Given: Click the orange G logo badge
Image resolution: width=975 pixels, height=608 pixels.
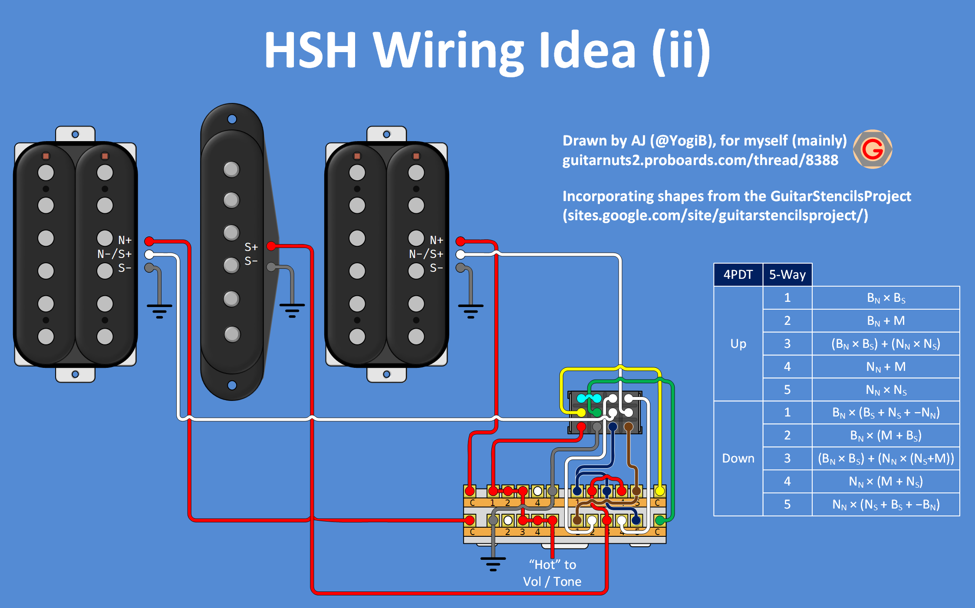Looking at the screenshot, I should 873,149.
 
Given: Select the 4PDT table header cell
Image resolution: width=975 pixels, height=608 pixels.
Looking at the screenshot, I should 738,275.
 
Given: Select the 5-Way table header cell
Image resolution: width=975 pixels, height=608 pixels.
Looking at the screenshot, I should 787,275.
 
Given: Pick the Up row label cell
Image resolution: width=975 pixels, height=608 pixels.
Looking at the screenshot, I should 738,344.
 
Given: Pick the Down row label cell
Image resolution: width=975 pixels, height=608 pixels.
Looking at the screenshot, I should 738,458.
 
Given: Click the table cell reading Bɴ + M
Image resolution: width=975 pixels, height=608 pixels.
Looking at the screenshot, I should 886,321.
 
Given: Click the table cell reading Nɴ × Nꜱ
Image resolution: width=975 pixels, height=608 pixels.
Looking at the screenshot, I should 886,390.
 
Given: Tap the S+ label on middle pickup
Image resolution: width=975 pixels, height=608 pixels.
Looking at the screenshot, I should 251,247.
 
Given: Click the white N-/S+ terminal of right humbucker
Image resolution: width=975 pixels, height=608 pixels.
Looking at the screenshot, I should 461,254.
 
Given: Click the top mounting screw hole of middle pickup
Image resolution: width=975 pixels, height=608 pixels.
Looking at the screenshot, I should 232,119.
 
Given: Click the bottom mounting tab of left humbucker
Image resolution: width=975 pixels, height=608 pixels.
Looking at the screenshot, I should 75,374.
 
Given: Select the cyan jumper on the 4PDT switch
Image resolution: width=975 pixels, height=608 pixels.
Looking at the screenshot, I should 589,398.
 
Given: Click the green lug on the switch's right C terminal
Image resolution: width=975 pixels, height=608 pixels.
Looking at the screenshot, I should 660,520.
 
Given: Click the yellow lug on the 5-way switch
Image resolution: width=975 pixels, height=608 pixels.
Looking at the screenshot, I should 660,491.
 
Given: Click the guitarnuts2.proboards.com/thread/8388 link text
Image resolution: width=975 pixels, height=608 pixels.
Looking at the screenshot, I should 700,160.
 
